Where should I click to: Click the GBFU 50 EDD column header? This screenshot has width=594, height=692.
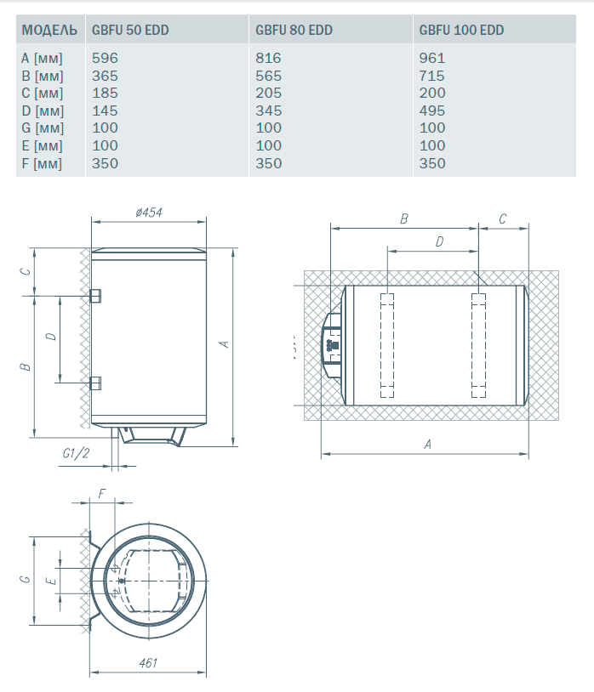pyautogui.click(x=130, y=30)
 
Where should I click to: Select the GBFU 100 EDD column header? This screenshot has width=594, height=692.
pyautogui.click(x=461, y=30)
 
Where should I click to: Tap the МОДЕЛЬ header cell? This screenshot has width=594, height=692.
pyautogui.click(x=49, y=30)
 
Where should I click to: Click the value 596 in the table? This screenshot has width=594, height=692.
pyautogui.click(x=106, y=58)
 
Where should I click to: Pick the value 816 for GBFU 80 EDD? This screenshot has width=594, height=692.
pyautogui.click(x=269, y=58)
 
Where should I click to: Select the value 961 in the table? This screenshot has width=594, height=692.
pyautogui.click(x=432, y=58)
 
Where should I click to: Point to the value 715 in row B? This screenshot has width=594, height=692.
pyautogui.click(x=432, y=76)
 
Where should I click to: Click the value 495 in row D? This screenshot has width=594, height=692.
pyautogui.click(x=432, y=111)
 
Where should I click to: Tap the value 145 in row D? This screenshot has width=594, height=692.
pyautogui.click(x=106, y=111)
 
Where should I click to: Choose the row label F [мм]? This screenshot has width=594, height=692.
pyautogui.click(x=42, y=164)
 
